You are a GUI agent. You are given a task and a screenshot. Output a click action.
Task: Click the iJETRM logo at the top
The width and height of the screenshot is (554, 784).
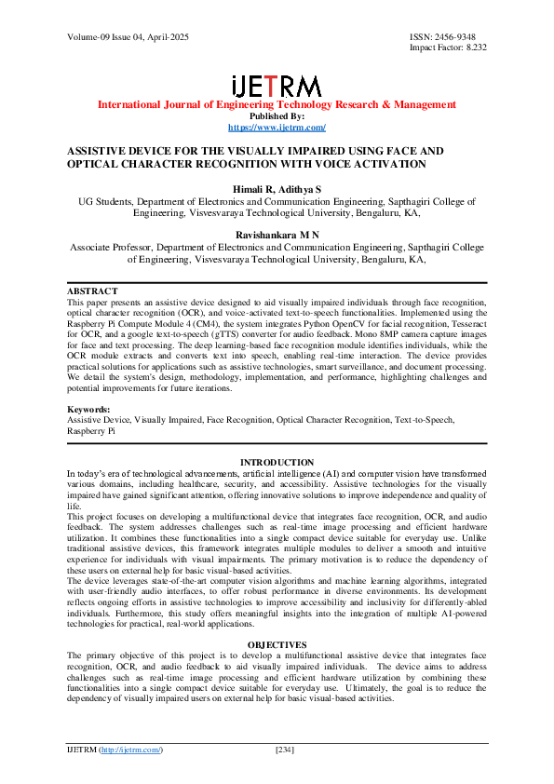coord(277,87)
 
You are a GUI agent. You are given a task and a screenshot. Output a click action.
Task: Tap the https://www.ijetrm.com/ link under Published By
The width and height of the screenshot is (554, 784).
coord(277,127)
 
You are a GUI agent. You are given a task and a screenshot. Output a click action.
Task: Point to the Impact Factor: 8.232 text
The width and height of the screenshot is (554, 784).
coord(448,47)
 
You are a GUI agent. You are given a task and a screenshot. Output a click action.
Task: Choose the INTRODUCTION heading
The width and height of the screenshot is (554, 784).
coord(277,463)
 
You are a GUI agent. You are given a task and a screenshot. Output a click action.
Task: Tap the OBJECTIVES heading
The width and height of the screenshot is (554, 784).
coord(277,643)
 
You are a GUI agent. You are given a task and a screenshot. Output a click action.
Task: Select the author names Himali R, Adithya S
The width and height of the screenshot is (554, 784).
coord(277,189)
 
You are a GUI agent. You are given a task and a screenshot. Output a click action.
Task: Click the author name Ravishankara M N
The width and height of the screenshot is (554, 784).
coord(277,236)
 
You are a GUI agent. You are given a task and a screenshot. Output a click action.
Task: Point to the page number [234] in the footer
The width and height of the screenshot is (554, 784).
coord(286,750)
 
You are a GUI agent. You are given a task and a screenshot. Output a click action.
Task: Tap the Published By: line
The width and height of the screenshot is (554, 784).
coord(277,116)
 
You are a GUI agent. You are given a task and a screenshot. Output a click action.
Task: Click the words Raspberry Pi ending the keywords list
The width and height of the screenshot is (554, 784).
coord(91,431)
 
